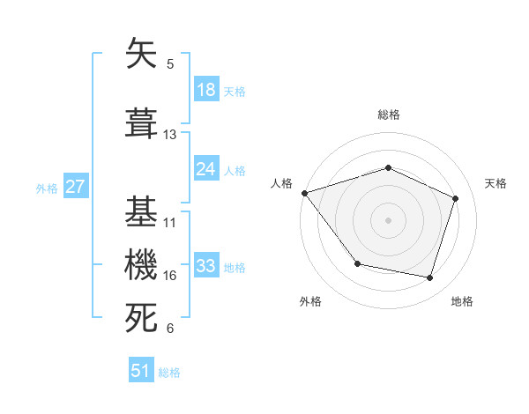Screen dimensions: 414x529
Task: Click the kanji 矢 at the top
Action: [x=141, y=55]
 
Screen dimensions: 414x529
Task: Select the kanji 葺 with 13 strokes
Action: [x=141, y=123]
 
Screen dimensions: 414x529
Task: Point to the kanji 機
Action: [x=141, y=264]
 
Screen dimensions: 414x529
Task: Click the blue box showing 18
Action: [x=206, y=91]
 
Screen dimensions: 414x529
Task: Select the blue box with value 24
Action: [x=206, y=169]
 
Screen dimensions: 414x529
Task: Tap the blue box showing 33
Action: [x=206, y=266]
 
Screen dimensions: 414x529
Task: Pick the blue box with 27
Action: [x=75, y=187]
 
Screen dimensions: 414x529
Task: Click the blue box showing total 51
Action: [x=141, y=371]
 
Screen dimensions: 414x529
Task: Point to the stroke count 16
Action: [x=170, y=276]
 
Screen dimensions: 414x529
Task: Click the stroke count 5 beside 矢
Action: [x=170, y=64]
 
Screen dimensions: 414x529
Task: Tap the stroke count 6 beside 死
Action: [x=170, y=329]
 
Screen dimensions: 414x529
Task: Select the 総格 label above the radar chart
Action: [x=388, y=115]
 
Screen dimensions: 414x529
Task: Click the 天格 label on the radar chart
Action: [x=495, y=183]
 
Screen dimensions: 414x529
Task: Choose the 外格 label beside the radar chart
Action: [x=310, y=301]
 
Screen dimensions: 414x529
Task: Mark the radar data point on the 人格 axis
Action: [x=304, y=193]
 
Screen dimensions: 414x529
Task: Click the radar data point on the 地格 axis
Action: [x=429, y=277]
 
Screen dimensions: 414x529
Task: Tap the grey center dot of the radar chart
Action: [x=388, y=219]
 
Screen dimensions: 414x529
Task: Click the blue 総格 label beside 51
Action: [x=169, y=373]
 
